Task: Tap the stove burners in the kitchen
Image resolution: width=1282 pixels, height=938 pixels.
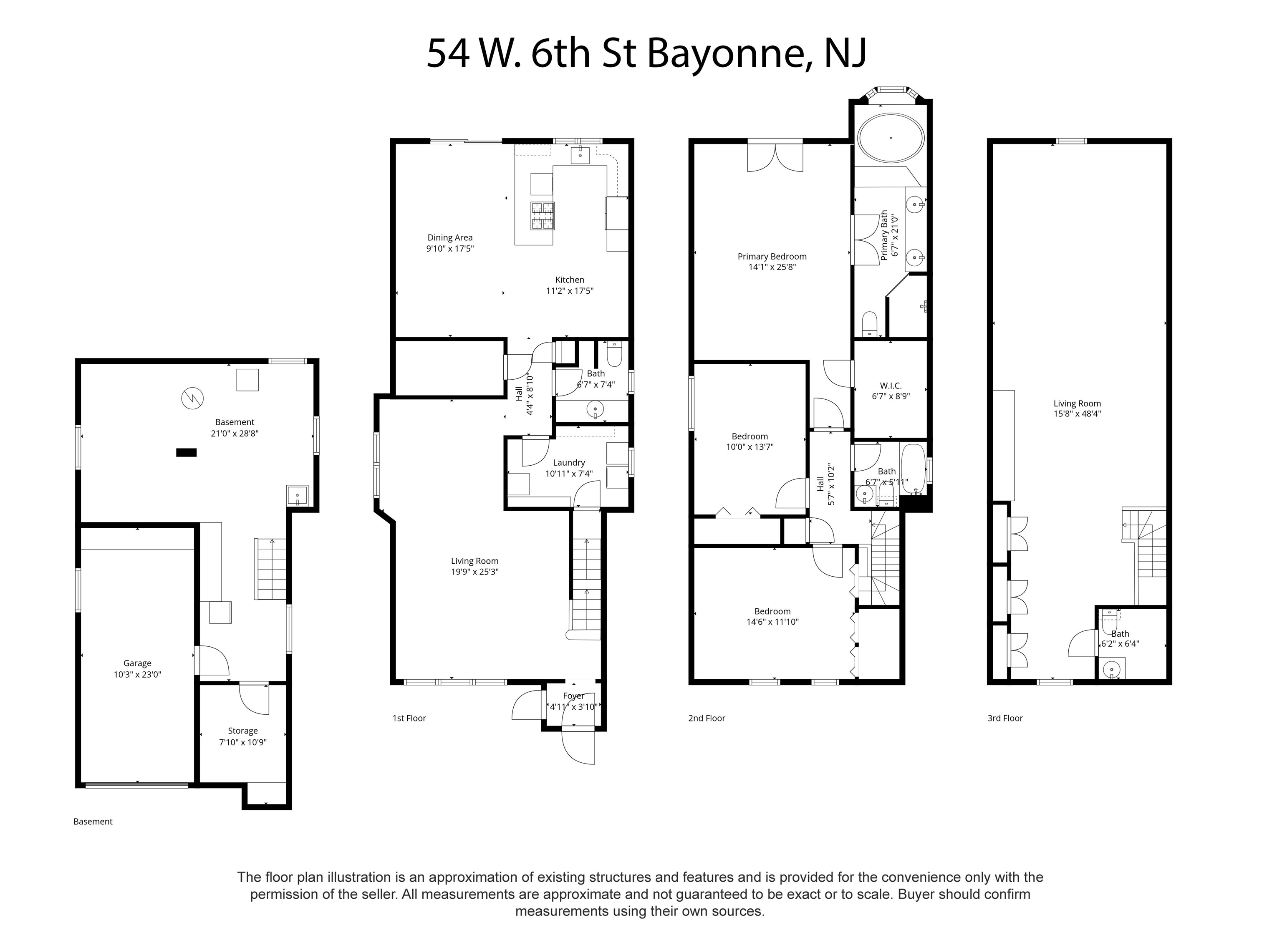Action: pos(542,216)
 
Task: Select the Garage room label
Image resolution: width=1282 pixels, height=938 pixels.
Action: pos(137,663)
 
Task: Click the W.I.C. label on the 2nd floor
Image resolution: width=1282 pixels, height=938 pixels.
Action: pos(891,386)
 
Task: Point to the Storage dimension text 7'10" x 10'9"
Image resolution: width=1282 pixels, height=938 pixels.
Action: pos(243,742)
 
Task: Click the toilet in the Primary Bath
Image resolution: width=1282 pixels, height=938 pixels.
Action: pos(870,324)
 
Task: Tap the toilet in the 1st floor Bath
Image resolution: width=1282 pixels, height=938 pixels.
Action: pos(614,354)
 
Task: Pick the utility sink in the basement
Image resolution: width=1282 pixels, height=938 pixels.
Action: pos(298,496)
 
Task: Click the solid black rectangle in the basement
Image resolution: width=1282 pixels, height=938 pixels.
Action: pos(186,453)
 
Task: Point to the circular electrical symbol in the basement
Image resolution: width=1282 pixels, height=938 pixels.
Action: pos(192,398)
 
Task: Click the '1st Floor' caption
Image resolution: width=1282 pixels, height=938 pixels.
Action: pos(409,718)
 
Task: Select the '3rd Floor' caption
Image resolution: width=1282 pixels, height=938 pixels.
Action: pos(1005,718)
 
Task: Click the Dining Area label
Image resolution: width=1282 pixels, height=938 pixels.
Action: pos(450,238)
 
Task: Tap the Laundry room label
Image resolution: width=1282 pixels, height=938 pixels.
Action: pos(569,463)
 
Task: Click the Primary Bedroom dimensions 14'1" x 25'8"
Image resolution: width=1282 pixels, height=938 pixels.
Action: pos(772,267)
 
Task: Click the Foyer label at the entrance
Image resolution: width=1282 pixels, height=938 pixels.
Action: pos(573,696)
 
